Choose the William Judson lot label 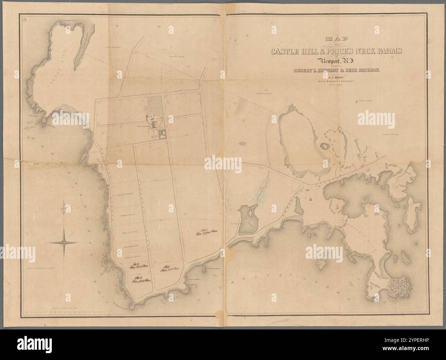tap(127, 215)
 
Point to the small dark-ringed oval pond tap(324, 147)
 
